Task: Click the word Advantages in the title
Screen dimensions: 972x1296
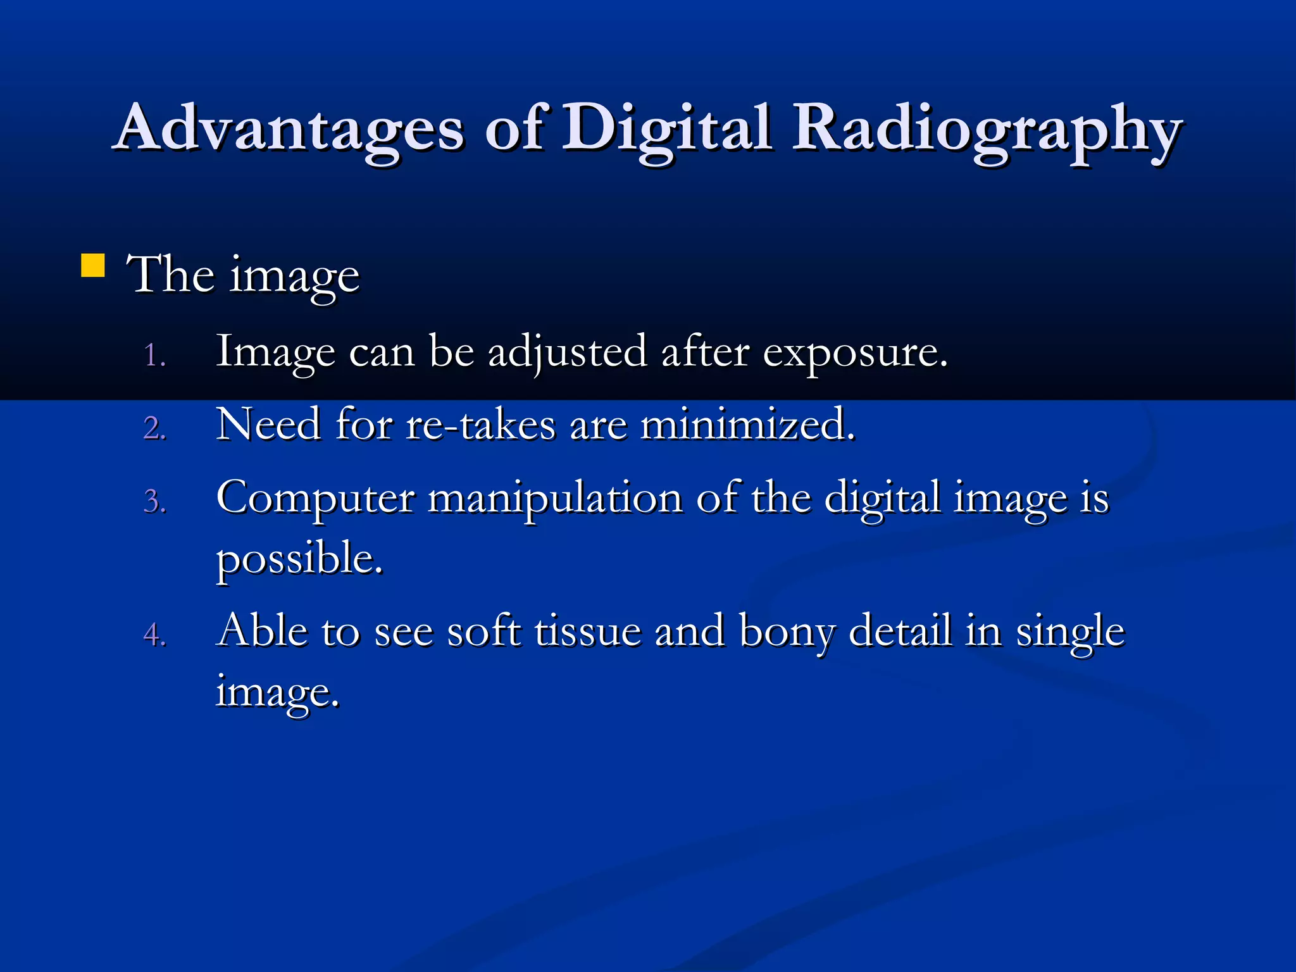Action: pos(290,128)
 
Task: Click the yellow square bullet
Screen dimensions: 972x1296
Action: pos(93,266)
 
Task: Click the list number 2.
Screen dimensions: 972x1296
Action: pos(154,428)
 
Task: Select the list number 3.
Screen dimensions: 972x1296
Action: pos(154,502)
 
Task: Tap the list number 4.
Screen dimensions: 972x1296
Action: pos(154,635)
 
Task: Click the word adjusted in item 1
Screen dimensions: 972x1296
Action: pos(567,352)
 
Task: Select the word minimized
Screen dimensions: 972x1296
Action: pos(747,424)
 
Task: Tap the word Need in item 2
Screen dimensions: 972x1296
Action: pos(268,424)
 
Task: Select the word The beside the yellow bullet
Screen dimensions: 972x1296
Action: pos(170,275)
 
